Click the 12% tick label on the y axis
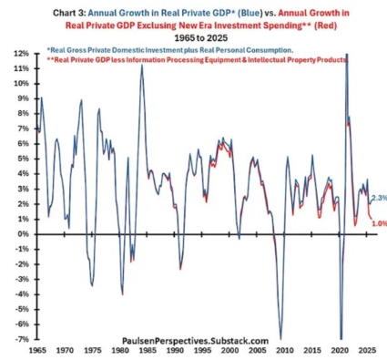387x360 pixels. [x=23, y=54]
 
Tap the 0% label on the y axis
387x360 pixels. [x=25, y=234]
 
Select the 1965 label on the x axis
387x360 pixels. [x=37, y=350]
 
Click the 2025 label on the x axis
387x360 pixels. [x=367, y=350]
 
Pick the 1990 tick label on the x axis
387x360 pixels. [x=175, y=350]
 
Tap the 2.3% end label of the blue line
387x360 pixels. [x=380, y=198]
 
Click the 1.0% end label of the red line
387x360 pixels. [x=380, y=223]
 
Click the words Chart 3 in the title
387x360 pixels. [x=69, y=13]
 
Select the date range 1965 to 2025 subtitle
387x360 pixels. [x=201, y=38]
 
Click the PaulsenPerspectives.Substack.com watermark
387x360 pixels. [x=195, y=341]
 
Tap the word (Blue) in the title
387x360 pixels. [x=250, y=13]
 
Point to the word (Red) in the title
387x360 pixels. [x=325, y=26]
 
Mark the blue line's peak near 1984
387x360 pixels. [x=142, y=65]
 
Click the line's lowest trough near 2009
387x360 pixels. [x=280, y=337]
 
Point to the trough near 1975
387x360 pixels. [x=92, y=285]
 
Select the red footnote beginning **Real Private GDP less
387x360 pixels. [x=197, y=60]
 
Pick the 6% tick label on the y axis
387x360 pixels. [x=25, y=144]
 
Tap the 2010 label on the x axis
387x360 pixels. [x=285, y=350]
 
